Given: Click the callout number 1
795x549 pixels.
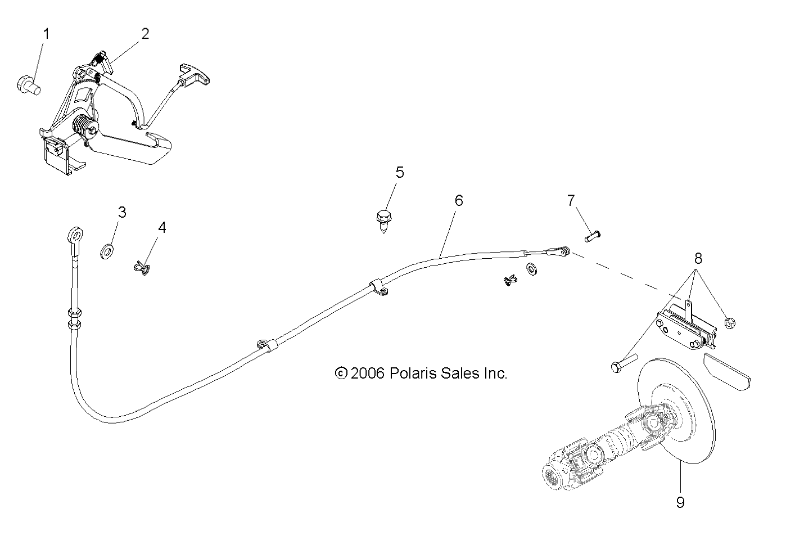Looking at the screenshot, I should [x=47, y=34].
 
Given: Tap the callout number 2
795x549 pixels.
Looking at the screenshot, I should [x=146, y=34].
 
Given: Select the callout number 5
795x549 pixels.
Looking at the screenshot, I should [x=400, y=172].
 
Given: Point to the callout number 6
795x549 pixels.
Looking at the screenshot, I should [x=459, y=200].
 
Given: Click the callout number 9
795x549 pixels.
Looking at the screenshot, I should [x=680, y=502].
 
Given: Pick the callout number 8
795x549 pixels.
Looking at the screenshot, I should [x=698, y=259].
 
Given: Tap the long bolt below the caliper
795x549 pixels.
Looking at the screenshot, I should [x=623, y=363].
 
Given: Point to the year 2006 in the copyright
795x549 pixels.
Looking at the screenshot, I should [x=367, y=373].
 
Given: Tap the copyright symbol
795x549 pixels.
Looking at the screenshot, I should [x=341, y=373].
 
